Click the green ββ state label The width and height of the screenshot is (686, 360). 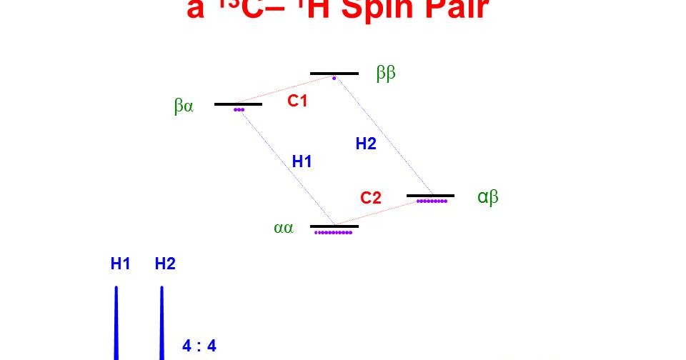click(x=386, y=74)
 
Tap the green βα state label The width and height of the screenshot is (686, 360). click(x=184, y=106)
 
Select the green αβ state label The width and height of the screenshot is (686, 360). click(x=488, y=197)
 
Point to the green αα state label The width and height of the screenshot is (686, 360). click(x=284, y=229)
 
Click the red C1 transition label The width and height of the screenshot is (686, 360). click(x=297, y=101)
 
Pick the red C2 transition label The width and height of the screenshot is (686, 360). click(x=371, y=198)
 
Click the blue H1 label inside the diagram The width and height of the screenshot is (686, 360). click(x=302, y=161)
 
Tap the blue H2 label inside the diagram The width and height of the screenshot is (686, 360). click(x=366, y=144)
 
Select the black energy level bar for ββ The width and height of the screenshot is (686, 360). click(x=334, y=73)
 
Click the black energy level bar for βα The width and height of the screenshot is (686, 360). click(x=238, y=104)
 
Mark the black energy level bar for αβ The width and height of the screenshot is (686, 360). click(x=430, y=195)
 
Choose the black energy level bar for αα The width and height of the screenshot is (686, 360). click(x=334, y=226)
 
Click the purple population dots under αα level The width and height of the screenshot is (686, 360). click(x=334, y=233)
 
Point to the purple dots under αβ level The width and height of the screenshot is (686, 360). click(x=432, y=201)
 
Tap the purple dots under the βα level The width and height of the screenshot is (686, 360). click(x=239, y=110)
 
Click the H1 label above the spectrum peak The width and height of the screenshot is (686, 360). click(x=120, y=264)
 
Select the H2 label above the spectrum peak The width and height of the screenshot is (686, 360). click(x=165, y=264)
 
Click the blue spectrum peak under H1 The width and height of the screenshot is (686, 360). click(x=116, y=321)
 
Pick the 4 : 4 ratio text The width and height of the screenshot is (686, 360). click(x=199, y=346)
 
